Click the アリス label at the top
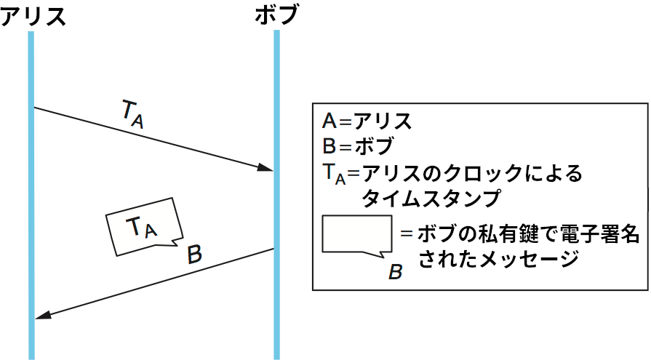click(33, 15)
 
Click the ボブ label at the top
click(276, 15)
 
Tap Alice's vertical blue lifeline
click(31, 218)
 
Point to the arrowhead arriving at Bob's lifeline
click(265, 168)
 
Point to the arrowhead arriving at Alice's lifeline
click(42, 315)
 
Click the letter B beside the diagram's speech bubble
click(194, 255)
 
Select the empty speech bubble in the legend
click(356, 235)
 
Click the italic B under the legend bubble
click(396, 272)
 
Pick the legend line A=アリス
click(367, 121)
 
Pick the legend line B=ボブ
click(357, 146)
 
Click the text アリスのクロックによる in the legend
click(473, 173)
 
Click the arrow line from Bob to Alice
click(153, 284)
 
